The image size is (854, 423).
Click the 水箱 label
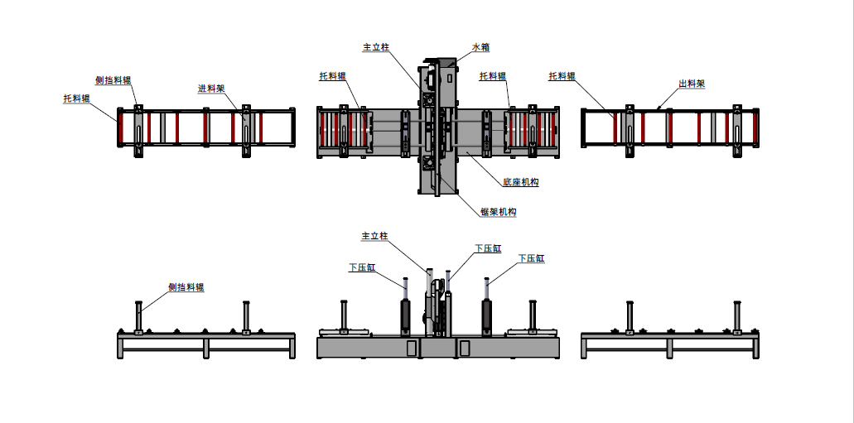click(x=481, y=47)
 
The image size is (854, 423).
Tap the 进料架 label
click(x=212, y=89)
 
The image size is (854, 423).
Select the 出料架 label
click(x=692, y=84)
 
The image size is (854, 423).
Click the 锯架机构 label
click(x=499, y=212)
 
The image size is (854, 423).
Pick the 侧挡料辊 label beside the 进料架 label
click(x=113, y=80)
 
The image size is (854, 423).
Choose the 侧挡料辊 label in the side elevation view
click(x=186, y=287)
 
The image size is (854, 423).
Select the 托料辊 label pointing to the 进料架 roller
click(x=77, y=98)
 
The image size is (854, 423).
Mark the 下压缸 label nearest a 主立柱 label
click(x=488, y=248)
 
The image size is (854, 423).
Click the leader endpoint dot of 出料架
click(x=659, y=108)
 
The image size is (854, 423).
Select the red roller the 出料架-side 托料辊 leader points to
click(x=615, y=128)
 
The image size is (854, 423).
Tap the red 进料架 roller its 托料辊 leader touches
click(x=119, y=128)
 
